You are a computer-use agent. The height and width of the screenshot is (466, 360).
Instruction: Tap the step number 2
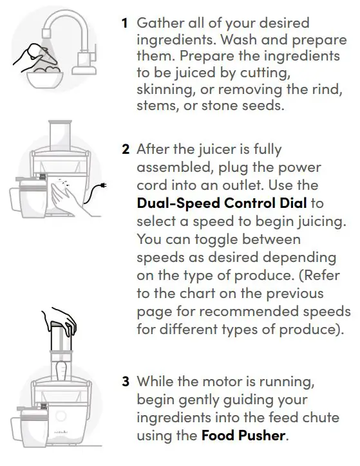click(126, 149)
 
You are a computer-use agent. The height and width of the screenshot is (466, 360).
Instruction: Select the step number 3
click(126, 381)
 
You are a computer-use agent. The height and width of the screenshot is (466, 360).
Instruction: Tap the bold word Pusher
click(260, 436)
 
